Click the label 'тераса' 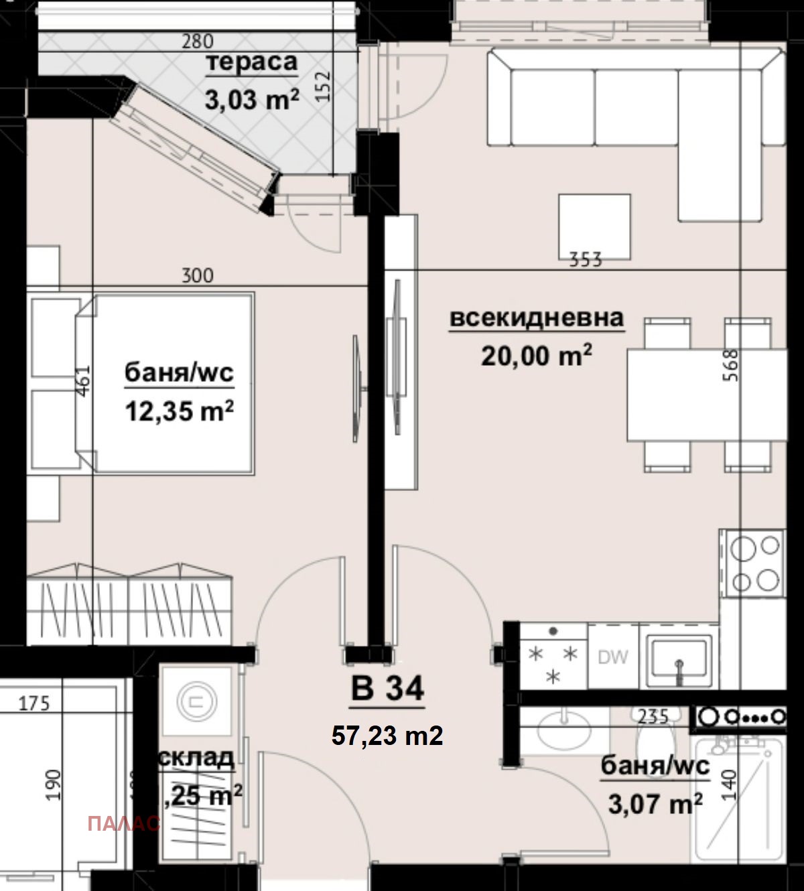(x=251, y=62)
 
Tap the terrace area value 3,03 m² (x=251, y=100)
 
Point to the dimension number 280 (x=198, y=42)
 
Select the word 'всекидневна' (x=536, y=318)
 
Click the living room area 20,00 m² (x=536, y=355)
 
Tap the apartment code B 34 (x=387, y=688)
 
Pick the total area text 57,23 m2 (x=387, y=736)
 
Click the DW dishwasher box (x=613, y=657)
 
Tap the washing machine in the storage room (x=196, y=701)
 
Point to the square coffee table (x=594, y=226)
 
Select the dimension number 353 (x=586, y=259)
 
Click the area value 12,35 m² (x=179, y=411)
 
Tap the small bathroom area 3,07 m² (x=655, y=803)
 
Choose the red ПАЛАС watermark (x=124, y=823)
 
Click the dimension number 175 (x=33, y=703)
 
